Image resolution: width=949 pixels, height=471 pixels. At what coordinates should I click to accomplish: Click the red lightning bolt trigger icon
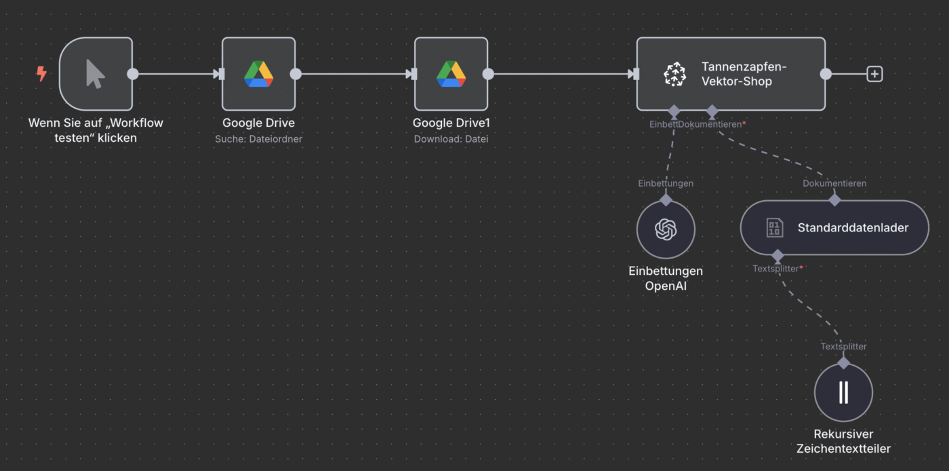(41, 73)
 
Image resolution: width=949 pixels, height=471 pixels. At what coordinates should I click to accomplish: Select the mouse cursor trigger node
(96, 74)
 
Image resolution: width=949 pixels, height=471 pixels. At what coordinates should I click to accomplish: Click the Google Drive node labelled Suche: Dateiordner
(258, 74)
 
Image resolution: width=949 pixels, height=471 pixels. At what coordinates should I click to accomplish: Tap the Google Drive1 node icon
(451, 74)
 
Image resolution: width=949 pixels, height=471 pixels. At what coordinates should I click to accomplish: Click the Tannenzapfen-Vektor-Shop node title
(744, 74)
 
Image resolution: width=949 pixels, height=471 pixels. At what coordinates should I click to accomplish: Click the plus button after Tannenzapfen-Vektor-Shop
(874, 74)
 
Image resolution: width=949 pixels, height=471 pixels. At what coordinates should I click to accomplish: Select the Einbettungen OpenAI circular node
(666, 229)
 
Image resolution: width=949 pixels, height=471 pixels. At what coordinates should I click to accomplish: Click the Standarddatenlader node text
(853, 228)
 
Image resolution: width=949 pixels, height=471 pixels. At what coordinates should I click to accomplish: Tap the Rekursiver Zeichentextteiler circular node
(843, 392)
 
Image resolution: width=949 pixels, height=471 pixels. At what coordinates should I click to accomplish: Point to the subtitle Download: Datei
(451, 139)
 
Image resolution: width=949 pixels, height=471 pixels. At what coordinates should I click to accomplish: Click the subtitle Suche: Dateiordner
(258, 139)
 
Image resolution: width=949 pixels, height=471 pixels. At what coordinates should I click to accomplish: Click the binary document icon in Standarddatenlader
(774, 228)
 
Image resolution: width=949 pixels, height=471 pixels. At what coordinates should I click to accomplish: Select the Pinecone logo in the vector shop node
(674, 74)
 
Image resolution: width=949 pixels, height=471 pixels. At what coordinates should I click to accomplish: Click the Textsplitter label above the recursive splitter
(843, 346)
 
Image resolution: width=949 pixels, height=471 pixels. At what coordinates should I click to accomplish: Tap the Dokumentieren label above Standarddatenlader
(834, 183)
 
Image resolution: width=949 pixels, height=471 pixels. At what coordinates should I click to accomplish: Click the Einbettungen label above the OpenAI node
(666, 183)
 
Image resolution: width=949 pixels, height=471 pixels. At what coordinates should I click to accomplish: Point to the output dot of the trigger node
(133, 74)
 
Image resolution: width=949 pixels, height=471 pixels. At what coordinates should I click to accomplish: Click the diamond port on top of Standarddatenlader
(834, 200)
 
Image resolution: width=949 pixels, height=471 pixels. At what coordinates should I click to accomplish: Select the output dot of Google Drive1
(488, 74)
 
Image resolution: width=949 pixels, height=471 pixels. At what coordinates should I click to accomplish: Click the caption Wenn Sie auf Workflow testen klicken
(96, 130)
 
